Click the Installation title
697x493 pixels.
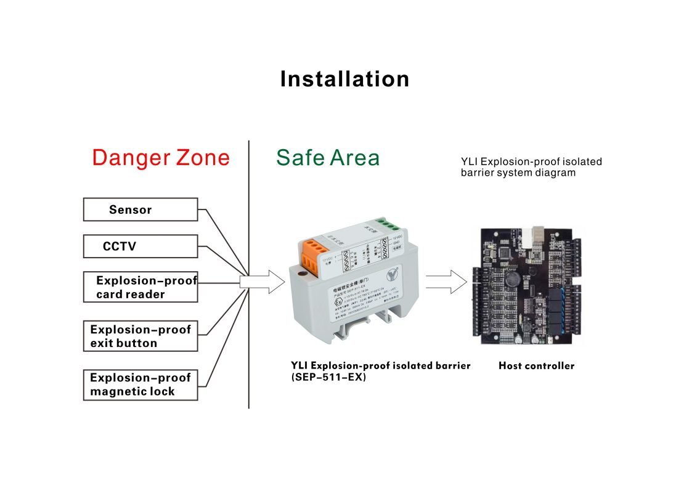pyautogui.click(x=344, y=79)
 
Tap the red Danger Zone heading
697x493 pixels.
pyautogui.click(x=160, y=158)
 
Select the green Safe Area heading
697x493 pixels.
pyautogui.click(x=327, y=158)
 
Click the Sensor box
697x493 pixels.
pyautogui.click(x=141, y=210)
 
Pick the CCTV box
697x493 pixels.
pyautogui.click(x=141, y=247)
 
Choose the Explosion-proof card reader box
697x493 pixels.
pyautogui.click(x=141, y=287)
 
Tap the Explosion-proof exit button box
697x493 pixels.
pyautogui.click(x=141, y=336)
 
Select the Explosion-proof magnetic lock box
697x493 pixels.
pyautogui.click(x=141, y=385)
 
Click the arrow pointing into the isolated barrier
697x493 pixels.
pyautogui.click(x=262, y=282)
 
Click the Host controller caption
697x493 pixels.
pyautogui.click(x=536, y=366)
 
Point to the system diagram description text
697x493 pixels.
pyautogui.click(x=531, y=167)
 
